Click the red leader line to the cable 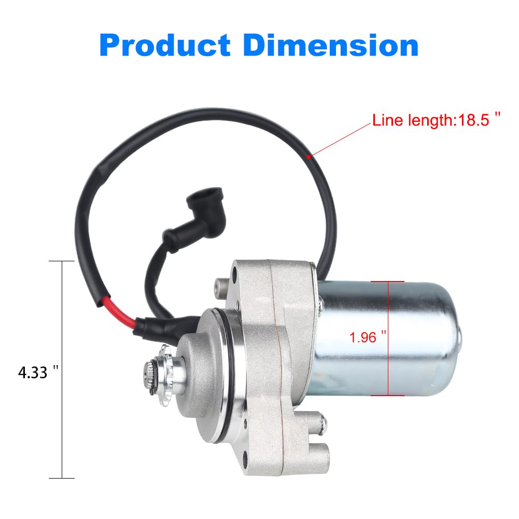(x=340, y=139)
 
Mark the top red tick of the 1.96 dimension (x=388, y=281)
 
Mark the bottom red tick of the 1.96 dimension (x=388, y=395)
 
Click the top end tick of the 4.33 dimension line (x=62, y=261)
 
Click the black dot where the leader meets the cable (x=310, y=156)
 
